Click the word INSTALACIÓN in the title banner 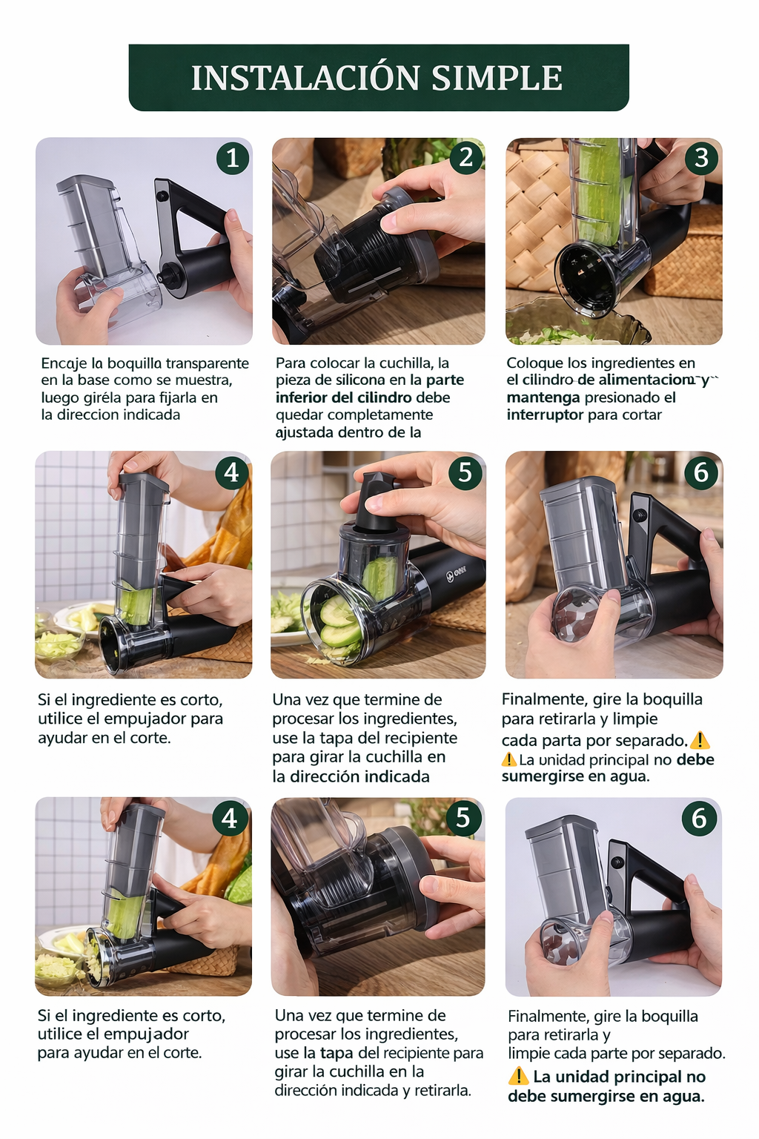tap(306, 78)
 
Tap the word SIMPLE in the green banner tap(496, 78)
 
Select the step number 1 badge tap(232, 158)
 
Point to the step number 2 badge tap(466, 157)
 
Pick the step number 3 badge tap(701, 158)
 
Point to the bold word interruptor tap(545, 415)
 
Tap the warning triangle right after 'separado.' tap(700, 740)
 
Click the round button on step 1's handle tap(162, 196)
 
